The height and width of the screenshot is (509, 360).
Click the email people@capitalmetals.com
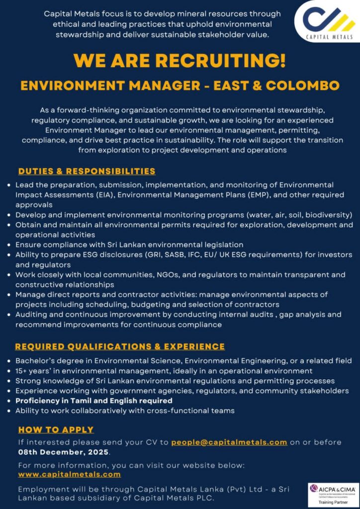[229, 442]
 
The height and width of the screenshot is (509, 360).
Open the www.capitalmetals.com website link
[69, 475]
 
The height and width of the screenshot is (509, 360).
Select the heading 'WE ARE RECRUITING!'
[180, 61]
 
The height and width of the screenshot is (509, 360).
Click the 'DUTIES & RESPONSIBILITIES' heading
[87, 171]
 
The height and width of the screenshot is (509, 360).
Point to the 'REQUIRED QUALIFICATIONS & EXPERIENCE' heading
[120, 346]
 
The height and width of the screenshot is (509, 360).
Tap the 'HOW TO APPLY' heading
[56, 430]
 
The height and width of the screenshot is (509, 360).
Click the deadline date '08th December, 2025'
[63, 452]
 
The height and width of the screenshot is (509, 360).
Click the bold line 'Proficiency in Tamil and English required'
[94, 401]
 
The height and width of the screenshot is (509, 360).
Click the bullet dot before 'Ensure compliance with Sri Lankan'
[9, 245]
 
